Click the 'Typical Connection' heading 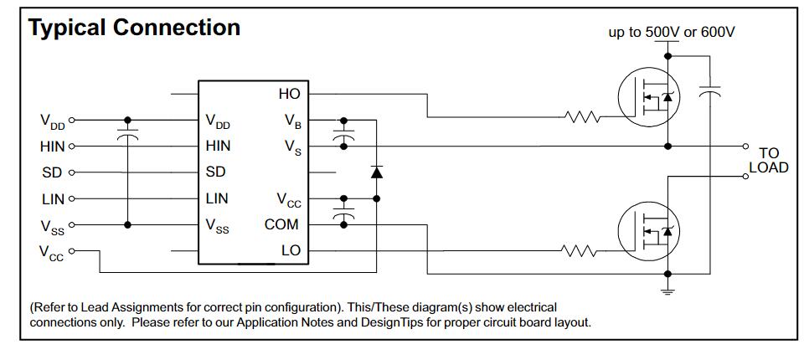[x=135, y=27]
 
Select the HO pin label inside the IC [x=288, y=95]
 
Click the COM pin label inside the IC [x=281, y=224]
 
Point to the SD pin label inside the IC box [x=215, y=172]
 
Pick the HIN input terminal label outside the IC [x=52, y=146]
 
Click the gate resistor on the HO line [x=584, y=116]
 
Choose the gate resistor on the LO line [x=579, y=249]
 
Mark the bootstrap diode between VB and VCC [x=376, y=172]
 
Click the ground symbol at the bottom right [x=667, y=291]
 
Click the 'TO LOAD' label [x=768, y=160]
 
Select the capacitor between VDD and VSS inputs [x=127, y=134]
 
